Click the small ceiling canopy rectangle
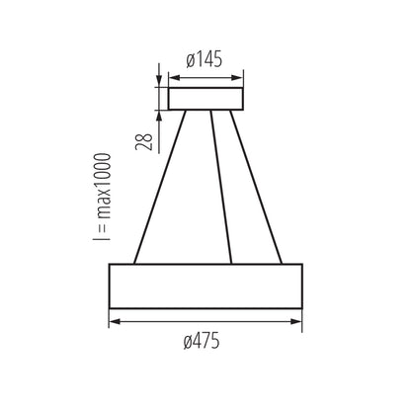click(205, 99)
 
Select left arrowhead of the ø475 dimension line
click(112, 321)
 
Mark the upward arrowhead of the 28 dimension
click(158, 115)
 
